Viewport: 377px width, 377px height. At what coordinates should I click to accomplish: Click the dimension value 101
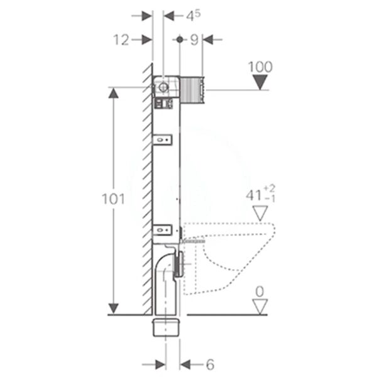[113, 200]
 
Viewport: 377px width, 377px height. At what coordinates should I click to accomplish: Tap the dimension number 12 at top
[122, 40]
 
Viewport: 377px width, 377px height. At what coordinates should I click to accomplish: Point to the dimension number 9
[194, 40]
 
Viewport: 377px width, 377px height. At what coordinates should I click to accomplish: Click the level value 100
[259, 66]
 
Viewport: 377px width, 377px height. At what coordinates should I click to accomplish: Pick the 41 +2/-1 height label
[259, 195]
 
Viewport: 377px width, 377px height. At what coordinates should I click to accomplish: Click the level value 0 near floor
[259, 291]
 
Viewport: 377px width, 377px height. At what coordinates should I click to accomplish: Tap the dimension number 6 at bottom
[210, 363]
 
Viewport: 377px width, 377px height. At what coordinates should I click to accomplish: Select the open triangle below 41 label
[259, 214]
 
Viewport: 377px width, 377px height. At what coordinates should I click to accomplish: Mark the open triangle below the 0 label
[259, 306]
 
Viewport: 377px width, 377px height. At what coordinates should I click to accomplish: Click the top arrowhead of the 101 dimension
[113, 94]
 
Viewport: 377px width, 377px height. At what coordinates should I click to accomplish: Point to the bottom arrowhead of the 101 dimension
[113, 308]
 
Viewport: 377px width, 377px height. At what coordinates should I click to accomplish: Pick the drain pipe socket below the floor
[167, 327]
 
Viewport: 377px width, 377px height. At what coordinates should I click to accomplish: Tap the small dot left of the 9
[180, 40]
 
